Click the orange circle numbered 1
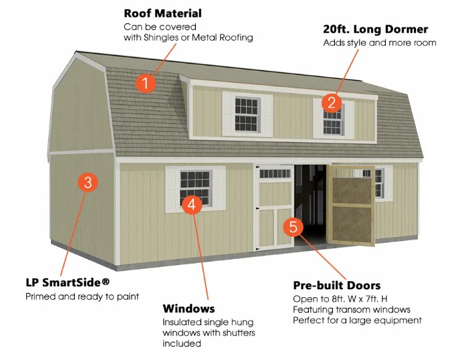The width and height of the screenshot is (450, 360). point(146,84)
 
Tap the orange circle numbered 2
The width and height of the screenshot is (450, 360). point(332,102)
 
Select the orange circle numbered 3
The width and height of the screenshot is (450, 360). point(88,182)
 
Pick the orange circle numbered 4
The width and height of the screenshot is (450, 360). point(192,204)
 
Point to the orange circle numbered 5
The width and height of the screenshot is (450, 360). point(293,227)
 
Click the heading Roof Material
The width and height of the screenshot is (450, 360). point(162,13)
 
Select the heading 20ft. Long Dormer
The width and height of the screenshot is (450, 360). point(376,29)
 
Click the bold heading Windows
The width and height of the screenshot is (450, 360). point(189,308)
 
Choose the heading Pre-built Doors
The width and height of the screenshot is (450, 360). point(337,285)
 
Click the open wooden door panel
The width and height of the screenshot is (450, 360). point(352,205)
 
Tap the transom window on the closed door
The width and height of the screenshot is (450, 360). point(275,173)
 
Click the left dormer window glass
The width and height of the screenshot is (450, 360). point(246,114)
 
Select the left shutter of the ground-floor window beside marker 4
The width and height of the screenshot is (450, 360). point(173,189)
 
